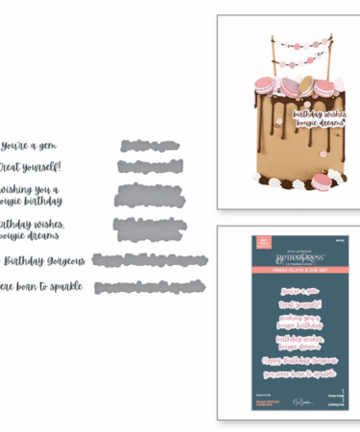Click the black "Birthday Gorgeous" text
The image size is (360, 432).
pos(44,260)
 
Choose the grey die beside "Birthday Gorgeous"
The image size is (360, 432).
pos(154,260)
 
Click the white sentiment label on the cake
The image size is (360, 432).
pos(318,117)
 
